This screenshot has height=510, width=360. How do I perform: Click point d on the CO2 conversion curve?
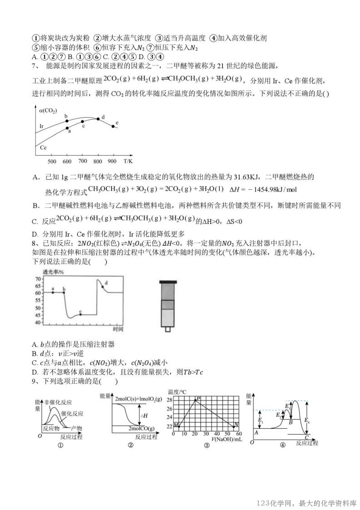point(98,119)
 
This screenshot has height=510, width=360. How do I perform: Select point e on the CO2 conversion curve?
point(113,126)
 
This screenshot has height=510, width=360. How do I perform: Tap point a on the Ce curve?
point(67,128)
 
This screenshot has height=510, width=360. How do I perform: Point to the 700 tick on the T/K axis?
point(83,162)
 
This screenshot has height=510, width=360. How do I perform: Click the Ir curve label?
point(41,126)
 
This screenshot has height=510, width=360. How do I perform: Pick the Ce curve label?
point(43,147)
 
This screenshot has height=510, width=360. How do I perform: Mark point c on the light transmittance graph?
point(80,314)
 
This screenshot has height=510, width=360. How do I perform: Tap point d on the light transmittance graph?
point(103,287)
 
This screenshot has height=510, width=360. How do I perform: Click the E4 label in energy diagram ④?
point(309,421)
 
